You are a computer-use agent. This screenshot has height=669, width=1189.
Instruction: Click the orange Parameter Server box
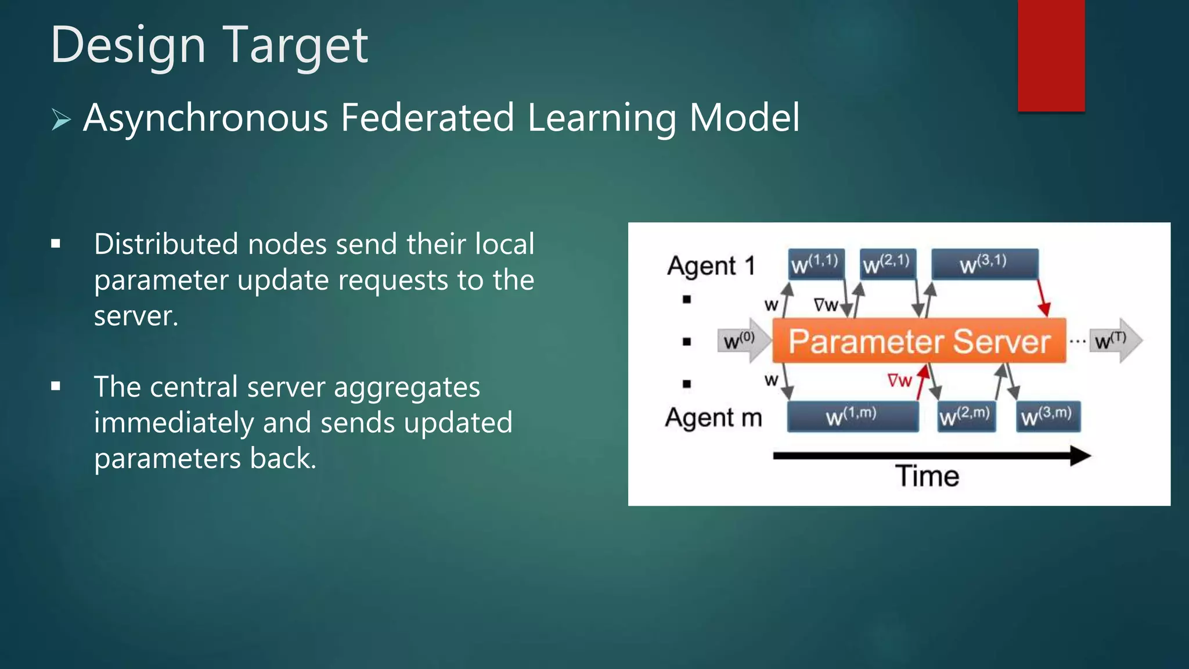tap(919, 341)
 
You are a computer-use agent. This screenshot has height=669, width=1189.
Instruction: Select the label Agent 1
tap(711, 266)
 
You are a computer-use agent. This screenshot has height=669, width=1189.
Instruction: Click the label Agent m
tap(714, 418)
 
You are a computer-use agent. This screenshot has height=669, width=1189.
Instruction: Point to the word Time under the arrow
tap(927, 476)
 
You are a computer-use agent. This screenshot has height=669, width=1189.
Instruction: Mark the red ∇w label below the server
tap(899, 381)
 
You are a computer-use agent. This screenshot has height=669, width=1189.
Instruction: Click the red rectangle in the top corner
tap(1051, 55)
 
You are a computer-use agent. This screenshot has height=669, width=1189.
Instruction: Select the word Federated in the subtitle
tap(427, 118)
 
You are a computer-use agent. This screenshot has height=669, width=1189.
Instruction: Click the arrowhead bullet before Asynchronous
tap(61, 120)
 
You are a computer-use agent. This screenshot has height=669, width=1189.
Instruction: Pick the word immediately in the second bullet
tap(174, 423)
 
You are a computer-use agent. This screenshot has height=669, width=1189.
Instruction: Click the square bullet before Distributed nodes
tap(56, 244)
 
